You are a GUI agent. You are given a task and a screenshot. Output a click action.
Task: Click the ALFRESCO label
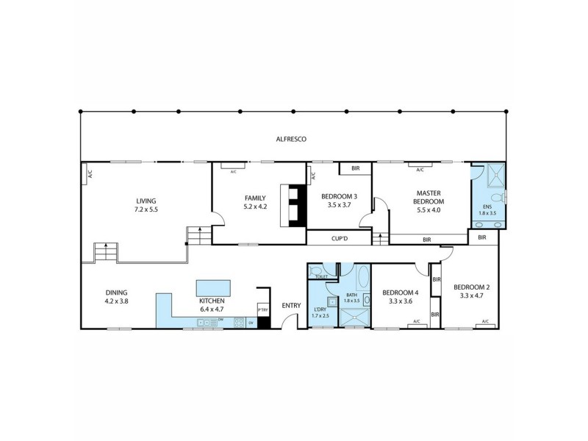[291, 139]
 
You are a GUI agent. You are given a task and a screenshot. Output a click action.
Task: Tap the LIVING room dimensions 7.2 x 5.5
[146, 209]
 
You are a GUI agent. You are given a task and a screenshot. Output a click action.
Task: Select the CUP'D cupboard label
[339, 238]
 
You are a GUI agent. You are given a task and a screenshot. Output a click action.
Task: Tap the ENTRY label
[291, 306]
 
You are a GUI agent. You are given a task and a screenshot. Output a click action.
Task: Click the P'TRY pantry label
[262, 310]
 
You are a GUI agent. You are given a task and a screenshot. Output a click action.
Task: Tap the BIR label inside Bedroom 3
[355, 169]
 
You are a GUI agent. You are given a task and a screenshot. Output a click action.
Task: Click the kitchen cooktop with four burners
[239, 322]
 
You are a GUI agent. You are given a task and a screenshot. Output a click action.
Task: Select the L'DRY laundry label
[320, 309]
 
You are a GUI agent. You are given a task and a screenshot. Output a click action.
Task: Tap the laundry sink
[331, 301]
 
